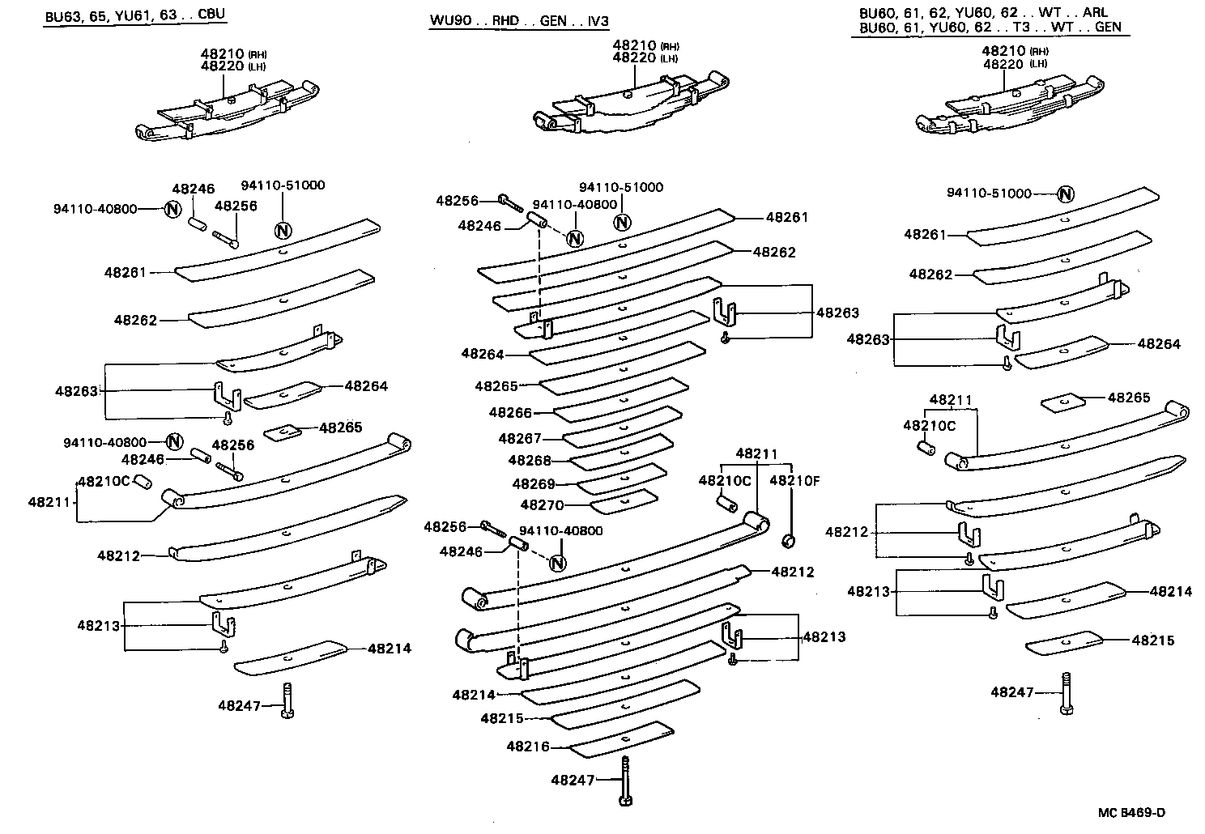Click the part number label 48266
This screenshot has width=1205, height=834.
pos(510,413)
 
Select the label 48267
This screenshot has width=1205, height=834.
pos(520,439)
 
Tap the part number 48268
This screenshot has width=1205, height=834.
pos(530,461)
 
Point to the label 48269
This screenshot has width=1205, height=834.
pos(534,484)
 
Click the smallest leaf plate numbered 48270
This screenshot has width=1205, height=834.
pos(624,502)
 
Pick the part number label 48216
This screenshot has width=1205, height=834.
pos(528,747)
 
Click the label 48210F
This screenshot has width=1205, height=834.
pos(794,480)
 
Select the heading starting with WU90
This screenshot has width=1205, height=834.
pos(518,20)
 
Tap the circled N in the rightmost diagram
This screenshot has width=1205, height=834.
pos(1066,194)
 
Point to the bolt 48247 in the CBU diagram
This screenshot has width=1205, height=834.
pos(288,700)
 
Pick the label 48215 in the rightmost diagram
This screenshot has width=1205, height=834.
pos(1153,640)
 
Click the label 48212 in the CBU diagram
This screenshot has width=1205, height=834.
pos(119,556)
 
